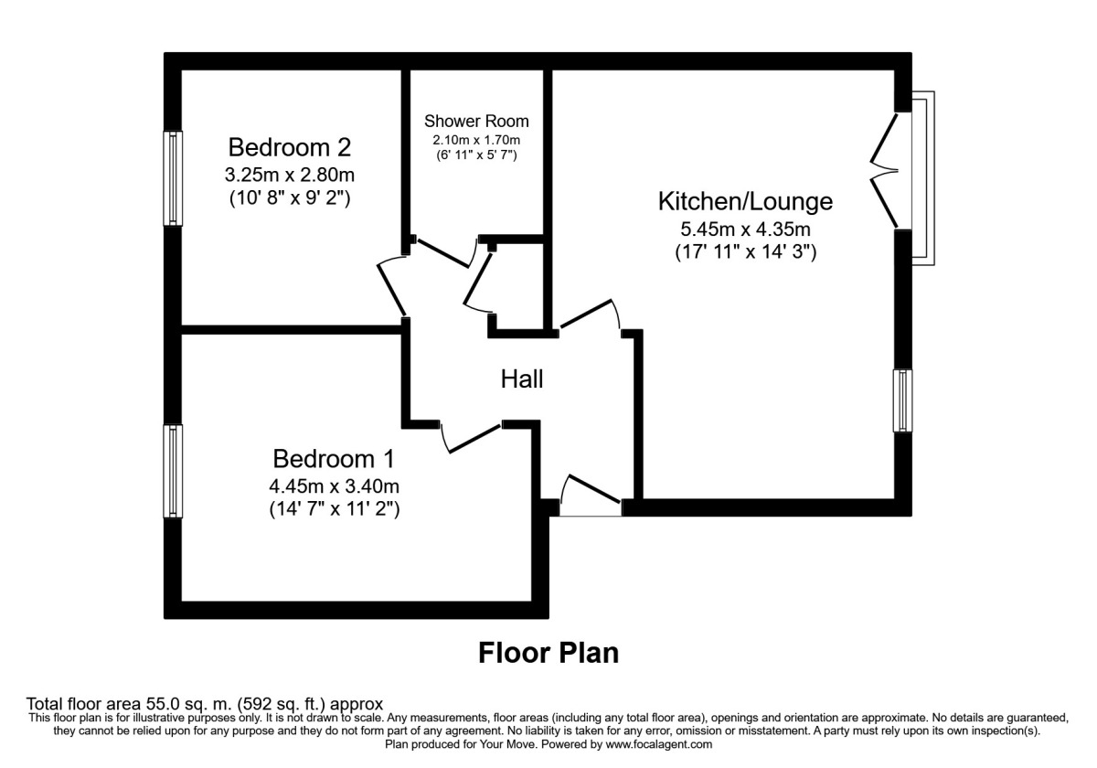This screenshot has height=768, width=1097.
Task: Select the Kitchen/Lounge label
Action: click(x=745, y=201)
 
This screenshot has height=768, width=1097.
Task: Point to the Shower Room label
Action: click(x=476, y=122)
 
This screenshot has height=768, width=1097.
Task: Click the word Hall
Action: click(x=522, y=379)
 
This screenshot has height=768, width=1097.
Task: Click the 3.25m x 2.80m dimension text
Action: click(x=290, y=174)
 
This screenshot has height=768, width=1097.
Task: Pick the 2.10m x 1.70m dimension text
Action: click(x=476, y=140)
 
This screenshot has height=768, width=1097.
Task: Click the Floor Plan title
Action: click(x=548, y=653)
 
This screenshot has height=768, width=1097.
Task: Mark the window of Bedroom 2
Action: click(x=173, y=178)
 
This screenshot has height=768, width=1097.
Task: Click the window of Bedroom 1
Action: click(x=173, y=471)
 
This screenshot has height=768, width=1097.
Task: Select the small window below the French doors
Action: click(x=903, y=400)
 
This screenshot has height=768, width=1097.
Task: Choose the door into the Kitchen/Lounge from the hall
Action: click(x=591, y=315)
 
